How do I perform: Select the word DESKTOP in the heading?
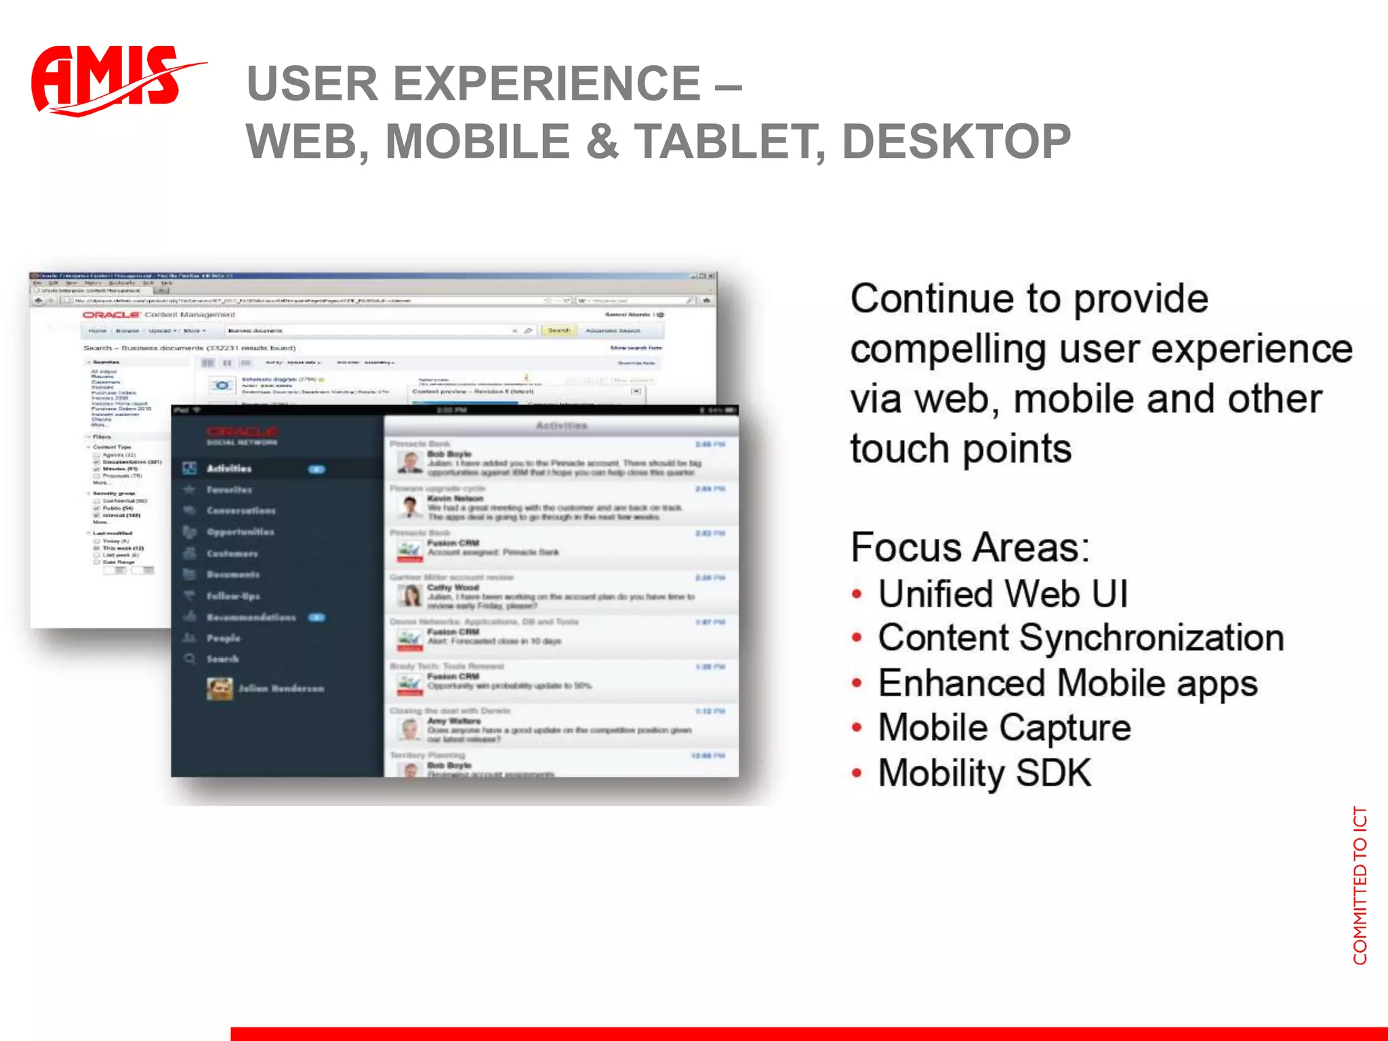tap(956, 142)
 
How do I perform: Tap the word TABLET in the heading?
tap(729, 142)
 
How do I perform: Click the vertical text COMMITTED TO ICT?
tap(1360, 885)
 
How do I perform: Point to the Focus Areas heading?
tap(969, 548)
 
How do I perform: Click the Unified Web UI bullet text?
tap(1003, 594)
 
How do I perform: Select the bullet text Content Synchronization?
tap(1081, 638)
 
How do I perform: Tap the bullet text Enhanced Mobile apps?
tap(1068, 683)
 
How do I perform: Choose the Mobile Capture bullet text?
tap(1004, 728)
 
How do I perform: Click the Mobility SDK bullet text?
tap(985, 773)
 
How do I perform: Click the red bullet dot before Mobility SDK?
tap(857, 773)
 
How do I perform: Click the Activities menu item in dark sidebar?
tap(229, 468)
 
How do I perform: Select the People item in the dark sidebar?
tap(223, 638)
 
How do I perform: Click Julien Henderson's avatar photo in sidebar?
tap(220, 689)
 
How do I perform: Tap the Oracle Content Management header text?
tap(159, 314)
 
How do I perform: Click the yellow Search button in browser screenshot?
tap(558, 331)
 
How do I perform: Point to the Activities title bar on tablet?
tap(561, 426)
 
